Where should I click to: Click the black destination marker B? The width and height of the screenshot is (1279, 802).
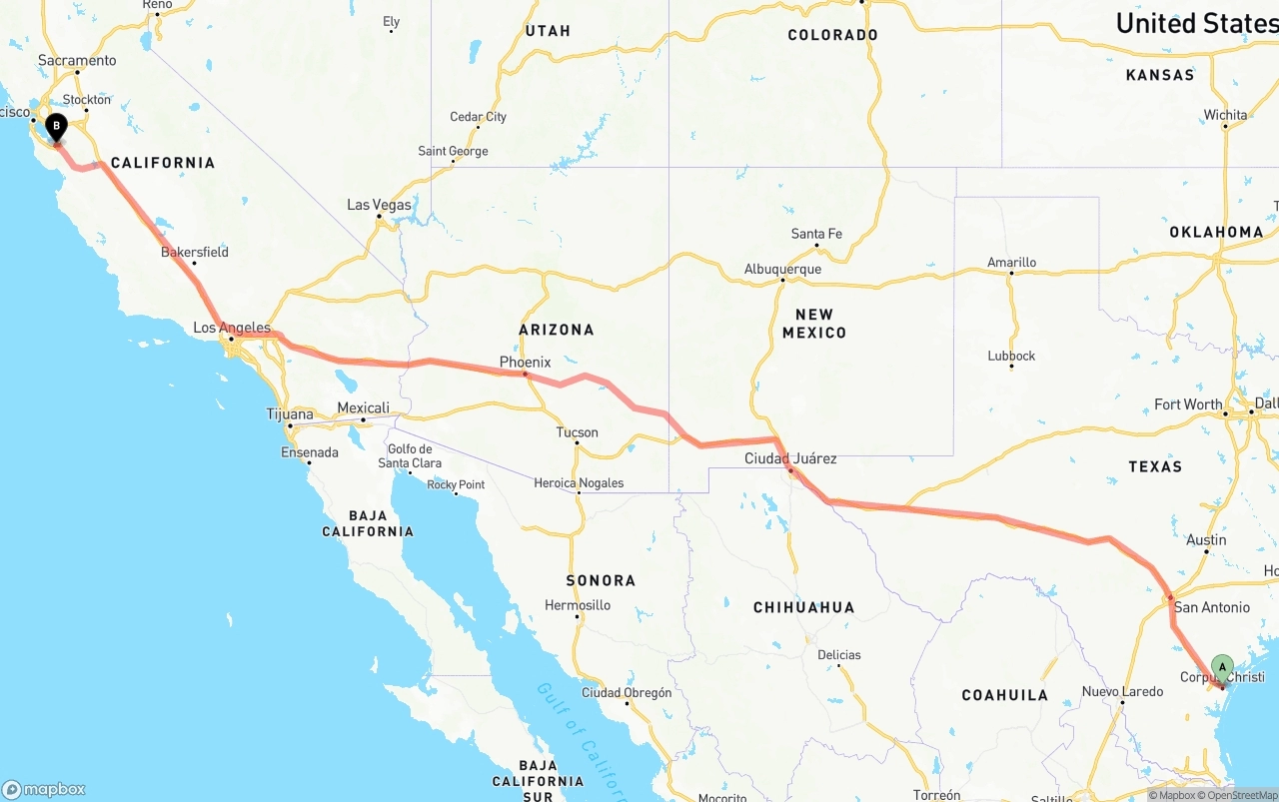tap(57, 128)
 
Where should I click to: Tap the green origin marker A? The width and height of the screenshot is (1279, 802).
tap(1222, 667)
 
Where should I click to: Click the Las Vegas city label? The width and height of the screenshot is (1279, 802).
tap(379, 205)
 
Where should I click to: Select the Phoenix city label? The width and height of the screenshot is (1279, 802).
tap(525, 363)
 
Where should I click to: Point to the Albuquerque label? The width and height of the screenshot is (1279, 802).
tap(782, 270)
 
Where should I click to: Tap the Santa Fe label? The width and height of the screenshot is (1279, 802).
tap(816, 234)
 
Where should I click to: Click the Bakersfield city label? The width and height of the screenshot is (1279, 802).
tap(195, 252)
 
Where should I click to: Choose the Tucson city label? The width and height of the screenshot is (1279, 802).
tap(578, 432)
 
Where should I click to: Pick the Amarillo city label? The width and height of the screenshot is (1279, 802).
tap(1011, 263)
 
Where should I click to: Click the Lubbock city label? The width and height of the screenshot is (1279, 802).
tap(1011, 356)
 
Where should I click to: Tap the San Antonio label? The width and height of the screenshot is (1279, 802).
tap(1211, 607)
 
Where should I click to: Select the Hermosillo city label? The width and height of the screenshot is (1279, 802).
tap(578, 605)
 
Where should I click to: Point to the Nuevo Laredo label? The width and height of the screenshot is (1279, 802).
tap(1122, 691)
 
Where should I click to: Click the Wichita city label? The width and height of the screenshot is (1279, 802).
tap(1225, 115)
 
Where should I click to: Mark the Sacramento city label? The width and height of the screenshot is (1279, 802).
tap(77, 60)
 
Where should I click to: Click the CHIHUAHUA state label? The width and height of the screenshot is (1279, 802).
tap(803, 607)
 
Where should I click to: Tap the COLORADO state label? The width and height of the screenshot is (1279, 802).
tap(832, 35)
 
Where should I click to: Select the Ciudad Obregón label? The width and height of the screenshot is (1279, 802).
tap(627, 692)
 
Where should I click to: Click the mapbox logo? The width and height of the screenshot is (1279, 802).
tap(44, 789)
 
